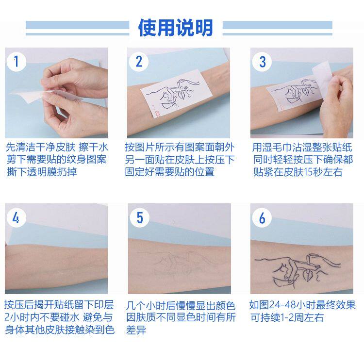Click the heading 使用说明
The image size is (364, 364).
[175, 28]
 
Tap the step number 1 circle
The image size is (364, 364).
[16, 62]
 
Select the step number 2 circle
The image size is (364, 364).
[139, 62]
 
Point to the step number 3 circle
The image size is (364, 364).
[262, 62]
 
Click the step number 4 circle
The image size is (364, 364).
[16, 218]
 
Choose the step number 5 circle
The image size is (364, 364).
[139, 218]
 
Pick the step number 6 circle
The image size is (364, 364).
[262, 218]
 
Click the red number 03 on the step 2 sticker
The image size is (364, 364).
[157, 114]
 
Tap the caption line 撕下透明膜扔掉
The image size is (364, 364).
[42, 172]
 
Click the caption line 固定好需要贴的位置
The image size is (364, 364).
[169, 172]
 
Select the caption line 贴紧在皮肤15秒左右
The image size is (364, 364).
[298, 172]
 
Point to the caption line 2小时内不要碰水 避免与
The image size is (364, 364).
[58, 317]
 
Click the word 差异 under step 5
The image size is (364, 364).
[136, 330]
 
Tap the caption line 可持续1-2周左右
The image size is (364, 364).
[287, 317]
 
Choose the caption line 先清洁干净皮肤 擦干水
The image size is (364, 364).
[57, 147]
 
